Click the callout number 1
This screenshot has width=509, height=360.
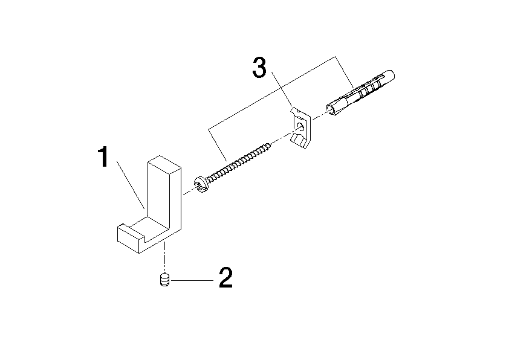[x=103, y=157]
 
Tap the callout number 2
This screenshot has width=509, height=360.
[x=225, y=278]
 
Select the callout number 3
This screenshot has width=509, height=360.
[x=259, y=67]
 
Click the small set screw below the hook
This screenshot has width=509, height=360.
[x=165, y=280]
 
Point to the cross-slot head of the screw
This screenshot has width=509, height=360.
[x=201, y=185]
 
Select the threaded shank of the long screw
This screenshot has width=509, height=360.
[x=239, y=161]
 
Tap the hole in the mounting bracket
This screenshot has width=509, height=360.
[x=301, y=126]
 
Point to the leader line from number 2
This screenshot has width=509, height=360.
[x=192, y=280]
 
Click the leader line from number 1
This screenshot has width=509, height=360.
[x=131, y=185]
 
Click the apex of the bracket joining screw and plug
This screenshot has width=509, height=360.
[x=335, y=57]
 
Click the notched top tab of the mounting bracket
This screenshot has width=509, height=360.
[x=296, y=111]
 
